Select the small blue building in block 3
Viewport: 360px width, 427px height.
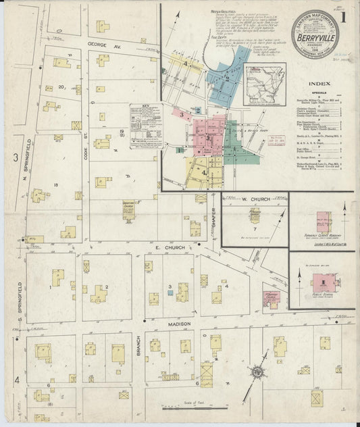point(170,294)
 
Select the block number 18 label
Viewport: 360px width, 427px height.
point(47,184)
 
